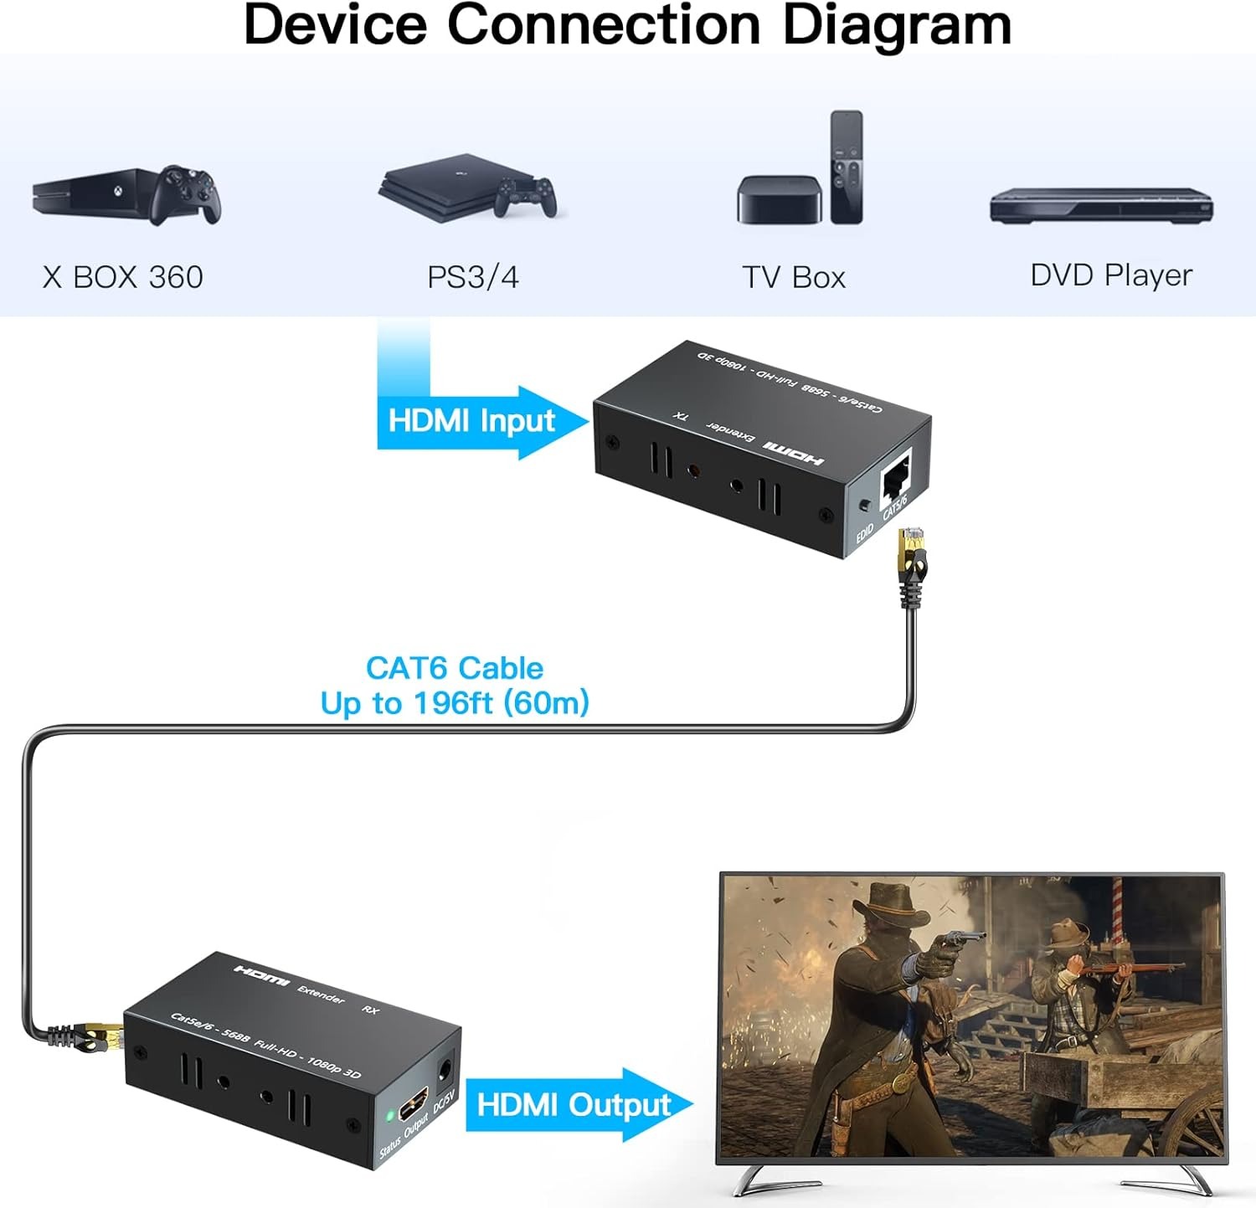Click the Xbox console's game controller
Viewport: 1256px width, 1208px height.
pyautogui.click(x=186, y=194)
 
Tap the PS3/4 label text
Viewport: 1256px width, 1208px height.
pyautogui.click(x=473, y=277)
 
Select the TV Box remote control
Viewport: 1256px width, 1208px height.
pyautogui.click(x=847, y=167)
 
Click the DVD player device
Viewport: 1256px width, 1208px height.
pyautogui.click(x=1101, y=205)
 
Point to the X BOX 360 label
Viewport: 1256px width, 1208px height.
pyautogui.click(x=123, y=277)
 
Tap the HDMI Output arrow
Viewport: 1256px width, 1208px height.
pyautogui.click(x=579, y=1105)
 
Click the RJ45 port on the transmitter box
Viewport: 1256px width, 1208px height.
pyautogui.click(x=895, y=478)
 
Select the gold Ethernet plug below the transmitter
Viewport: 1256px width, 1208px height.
pyautogui.click(x=911, y=556)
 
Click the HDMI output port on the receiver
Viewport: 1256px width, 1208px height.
pyautogui.click(x=414, y=1103)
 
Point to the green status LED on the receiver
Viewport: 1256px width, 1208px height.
pyautogui.click(x=390, y=1116)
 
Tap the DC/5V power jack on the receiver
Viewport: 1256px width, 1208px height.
pyautogui.click(x=445, y=1069)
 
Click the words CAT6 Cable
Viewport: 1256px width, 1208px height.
pyautogui.click(x=455, y=668)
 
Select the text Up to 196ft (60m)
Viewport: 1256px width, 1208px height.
pyautogui.click(x=455, y=703)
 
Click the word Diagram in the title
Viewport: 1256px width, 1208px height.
pyautogui.click(x=897, y=24)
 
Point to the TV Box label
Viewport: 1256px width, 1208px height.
pyautogui.click(x=794, y=277)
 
